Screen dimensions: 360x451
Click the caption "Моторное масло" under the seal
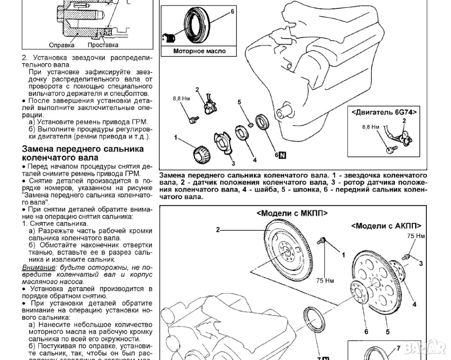coord(199,51)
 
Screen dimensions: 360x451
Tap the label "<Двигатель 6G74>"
coord(384,112)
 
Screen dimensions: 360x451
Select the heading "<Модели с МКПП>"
coord(292,213)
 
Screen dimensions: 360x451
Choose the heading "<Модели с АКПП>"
coord(386,226)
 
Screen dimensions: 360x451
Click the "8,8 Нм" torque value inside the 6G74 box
coord(370,127)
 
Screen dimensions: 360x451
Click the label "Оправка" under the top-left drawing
coord(62,45)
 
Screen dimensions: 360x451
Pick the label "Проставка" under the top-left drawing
coord(103,45)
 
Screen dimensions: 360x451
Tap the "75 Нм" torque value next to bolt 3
coord(416,236)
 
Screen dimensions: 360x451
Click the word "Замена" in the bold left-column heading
coord(41,149)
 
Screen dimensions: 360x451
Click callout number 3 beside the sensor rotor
coord(233,163)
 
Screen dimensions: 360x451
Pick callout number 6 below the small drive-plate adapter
coord(366,331)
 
